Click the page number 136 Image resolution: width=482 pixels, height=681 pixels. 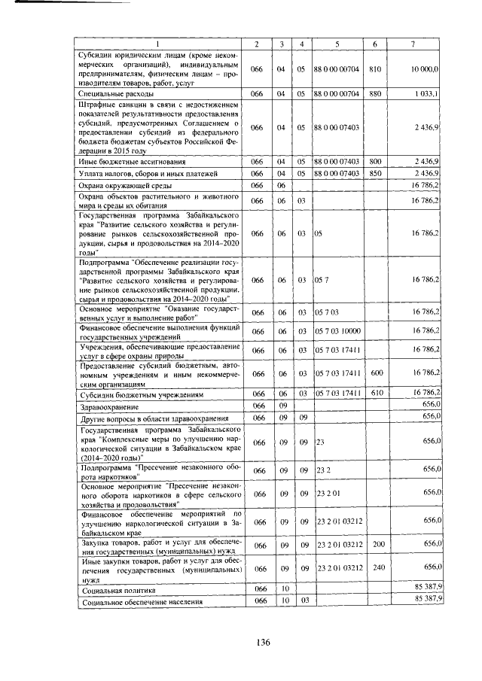click(262, 642)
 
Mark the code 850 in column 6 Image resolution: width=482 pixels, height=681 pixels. click(375, 174)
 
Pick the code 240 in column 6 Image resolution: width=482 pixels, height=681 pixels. click(377, 567)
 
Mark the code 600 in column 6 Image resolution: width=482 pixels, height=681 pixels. click(377, 373)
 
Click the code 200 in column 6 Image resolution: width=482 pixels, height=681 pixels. click(377, 543)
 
